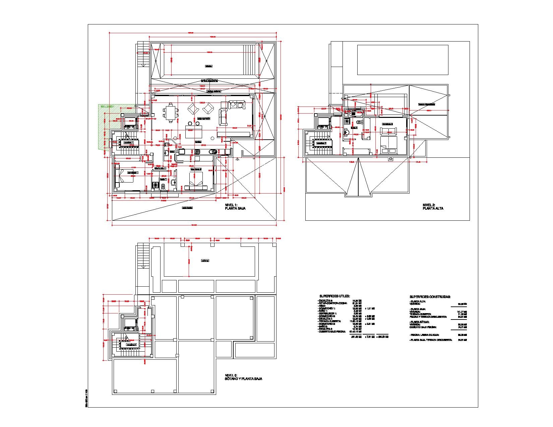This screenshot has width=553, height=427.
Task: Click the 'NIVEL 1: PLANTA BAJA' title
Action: point(235,206)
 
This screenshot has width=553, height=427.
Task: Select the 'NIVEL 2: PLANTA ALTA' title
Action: point(433,206)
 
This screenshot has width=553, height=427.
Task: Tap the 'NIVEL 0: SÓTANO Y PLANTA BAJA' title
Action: point(243,377)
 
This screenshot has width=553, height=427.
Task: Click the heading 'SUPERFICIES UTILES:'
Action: point(334,296)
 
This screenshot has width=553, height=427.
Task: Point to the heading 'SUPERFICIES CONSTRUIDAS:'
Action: point(430,297)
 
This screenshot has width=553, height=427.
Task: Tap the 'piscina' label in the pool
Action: point(208,66)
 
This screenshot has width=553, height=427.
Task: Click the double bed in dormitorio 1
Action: point(125,175)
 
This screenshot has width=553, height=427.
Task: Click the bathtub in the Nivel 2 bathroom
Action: point(354,114)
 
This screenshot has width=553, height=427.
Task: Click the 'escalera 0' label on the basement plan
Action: point(131,344)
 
